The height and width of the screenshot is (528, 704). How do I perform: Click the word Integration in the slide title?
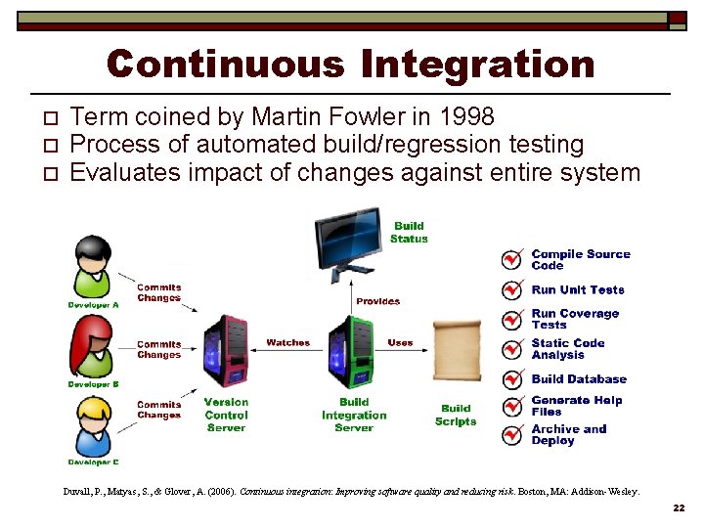coord(477,65)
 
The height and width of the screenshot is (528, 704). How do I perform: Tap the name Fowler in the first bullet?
coord(370,117)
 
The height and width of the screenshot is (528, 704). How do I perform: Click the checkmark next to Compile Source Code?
coord(511,259)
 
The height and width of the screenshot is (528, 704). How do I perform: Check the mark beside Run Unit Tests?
coord(511,290)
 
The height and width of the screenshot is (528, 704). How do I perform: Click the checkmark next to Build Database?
coord(511,378)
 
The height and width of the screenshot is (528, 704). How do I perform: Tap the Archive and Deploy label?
coord(568,435)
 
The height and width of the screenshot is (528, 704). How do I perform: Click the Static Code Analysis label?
coord(568,349)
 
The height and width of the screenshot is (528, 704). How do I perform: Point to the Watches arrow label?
coord(287,343)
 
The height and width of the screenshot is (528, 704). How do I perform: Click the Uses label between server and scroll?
coord(400,343)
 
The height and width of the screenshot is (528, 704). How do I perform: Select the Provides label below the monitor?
coord(377,301)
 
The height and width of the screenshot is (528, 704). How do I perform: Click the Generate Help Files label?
coord(576,406)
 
